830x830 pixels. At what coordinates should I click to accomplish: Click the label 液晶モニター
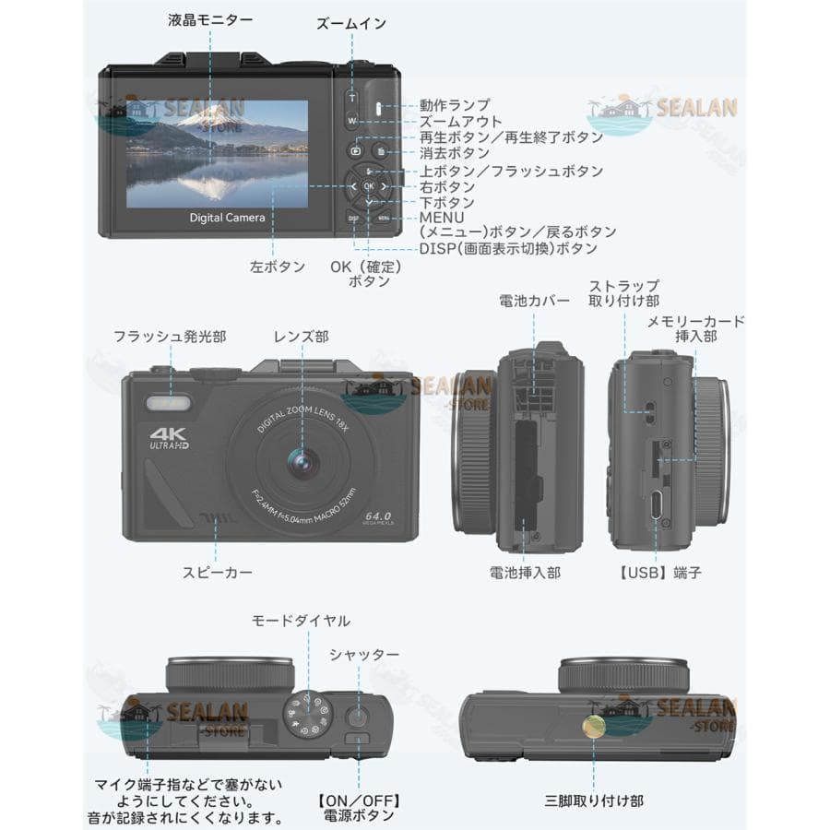pos(210,19)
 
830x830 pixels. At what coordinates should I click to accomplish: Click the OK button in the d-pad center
pos(369,186)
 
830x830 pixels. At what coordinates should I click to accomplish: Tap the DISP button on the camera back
pos(353,219)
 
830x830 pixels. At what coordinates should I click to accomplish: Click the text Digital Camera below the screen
pos(227,218)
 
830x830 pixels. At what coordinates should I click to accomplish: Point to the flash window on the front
pos(167,404)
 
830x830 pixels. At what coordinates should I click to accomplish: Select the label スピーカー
pos(217,573)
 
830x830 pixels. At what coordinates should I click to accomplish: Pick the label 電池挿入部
pos(525,573)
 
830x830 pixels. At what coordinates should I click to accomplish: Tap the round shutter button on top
pos(358,717)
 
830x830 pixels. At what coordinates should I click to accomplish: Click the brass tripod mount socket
pos(594,726)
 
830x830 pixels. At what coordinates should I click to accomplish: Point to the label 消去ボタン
pos(455,153)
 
